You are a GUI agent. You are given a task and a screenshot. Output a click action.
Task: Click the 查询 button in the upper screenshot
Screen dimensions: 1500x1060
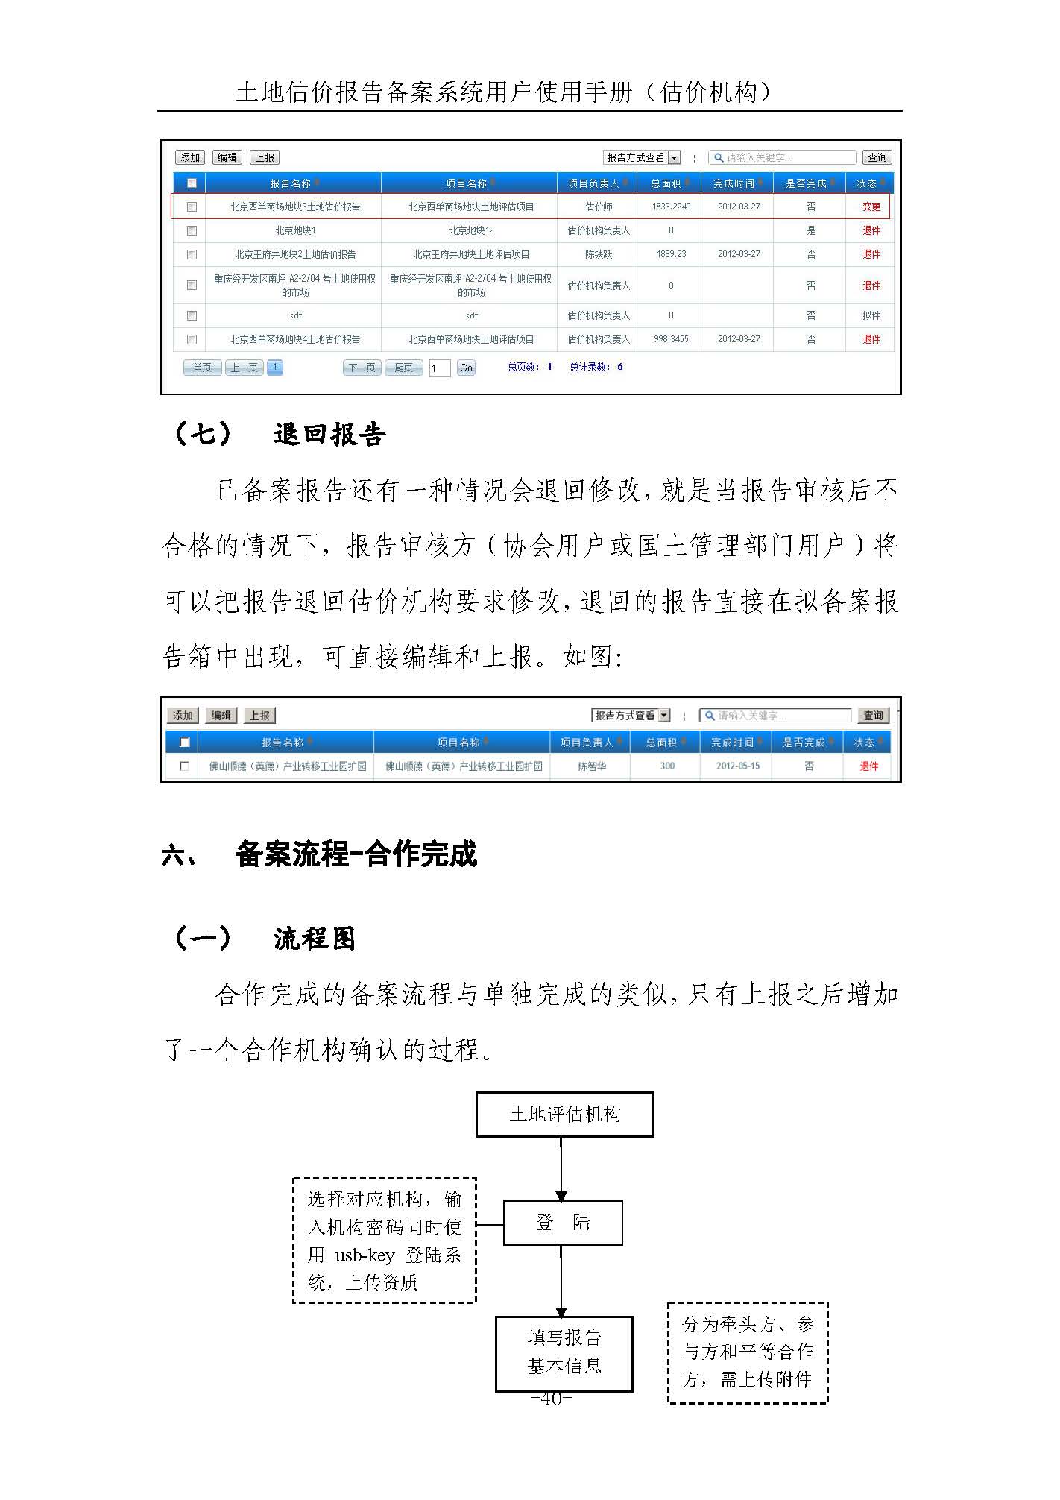point(877,157)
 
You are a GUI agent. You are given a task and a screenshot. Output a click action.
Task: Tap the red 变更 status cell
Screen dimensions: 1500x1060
point(871,207)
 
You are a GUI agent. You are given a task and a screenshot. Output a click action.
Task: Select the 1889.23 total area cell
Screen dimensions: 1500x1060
point(671,254)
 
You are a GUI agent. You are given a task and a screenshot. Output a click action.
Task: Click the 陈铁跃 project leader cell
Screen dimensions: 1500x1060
point(598,254)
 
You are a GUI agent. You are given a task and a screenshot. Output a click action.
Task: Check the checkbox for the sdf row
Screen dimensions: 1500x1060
point(192,315)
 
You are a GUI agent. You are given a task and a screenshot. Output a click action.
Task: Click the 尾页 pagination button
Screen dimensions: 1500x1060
point(403,368)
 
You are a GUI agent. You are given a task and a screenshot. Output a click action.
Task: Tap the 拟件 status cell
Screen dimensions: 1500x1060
point(871,315)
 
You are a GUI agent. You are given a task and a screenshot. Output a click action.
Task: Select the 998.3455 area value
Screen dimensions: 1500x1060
point(671,339)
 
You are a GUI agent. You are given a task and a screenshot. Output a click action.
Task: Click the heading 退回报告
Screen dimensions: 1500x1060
point(329,434)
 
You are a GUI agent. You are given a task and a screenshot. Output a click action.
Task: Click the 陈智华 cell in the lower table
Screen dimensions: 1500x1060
point(592,766)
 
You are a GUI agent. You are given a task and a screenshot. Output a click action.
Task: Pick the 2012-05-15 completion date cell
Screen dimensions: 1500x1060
point(737,766)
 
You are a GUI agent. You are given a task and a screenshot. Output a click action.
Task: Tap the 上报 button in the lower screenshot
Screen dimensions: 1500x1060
point(259,716)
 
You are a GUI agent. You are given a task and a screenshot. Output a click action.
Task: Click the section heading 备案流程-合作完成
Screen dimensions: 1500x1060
point(356,854)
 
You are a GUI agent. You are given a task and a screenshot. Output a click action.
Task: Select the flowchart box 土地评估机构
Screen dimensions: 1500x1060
point(564,1115)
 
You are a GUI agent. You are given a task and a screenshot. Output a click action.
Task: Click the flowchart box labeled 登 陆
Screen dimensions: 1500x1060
point(563,1223)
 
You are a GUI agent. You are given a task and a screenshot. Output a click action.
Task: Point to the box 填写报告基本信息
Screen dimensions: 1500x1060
point(564,1353)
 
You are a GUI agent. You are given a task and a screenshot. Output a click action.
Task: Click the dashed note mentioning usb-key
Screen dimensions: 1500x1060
point(384,1241)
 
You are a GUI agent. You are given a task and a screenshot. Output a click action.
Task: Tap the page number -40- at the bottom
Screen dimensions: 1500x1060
point(551,1399)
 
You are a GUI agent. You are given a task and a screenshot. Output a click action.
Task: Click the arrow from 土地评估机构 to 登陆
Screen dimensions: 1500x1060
point(561,1168)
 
